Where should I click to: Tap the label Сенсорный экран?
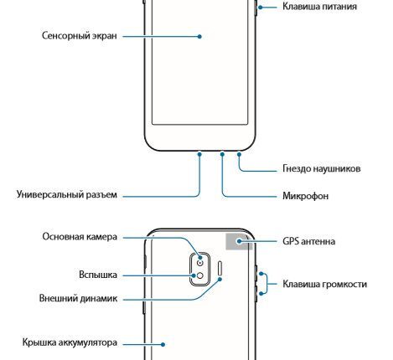click(78, 37)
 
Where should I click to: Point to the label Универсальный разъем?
click(66, 195)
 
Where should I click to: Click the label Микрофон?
click(304, 196)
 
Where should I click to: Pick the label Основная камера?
click(80, 237)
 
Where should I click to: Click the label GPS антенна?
click(309, 241)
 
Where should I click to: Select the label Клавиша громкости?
click(325, 284)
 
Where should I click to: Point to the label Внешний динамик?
click(78, 298)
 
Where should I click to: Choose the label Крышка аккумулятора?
click(69, 342)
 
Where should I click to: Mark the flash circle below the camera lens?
click(199, 275)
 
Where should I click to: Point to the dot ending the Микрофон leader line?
click(222, 155)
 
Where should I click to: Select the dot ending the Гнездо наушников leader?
click(240, 155)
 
